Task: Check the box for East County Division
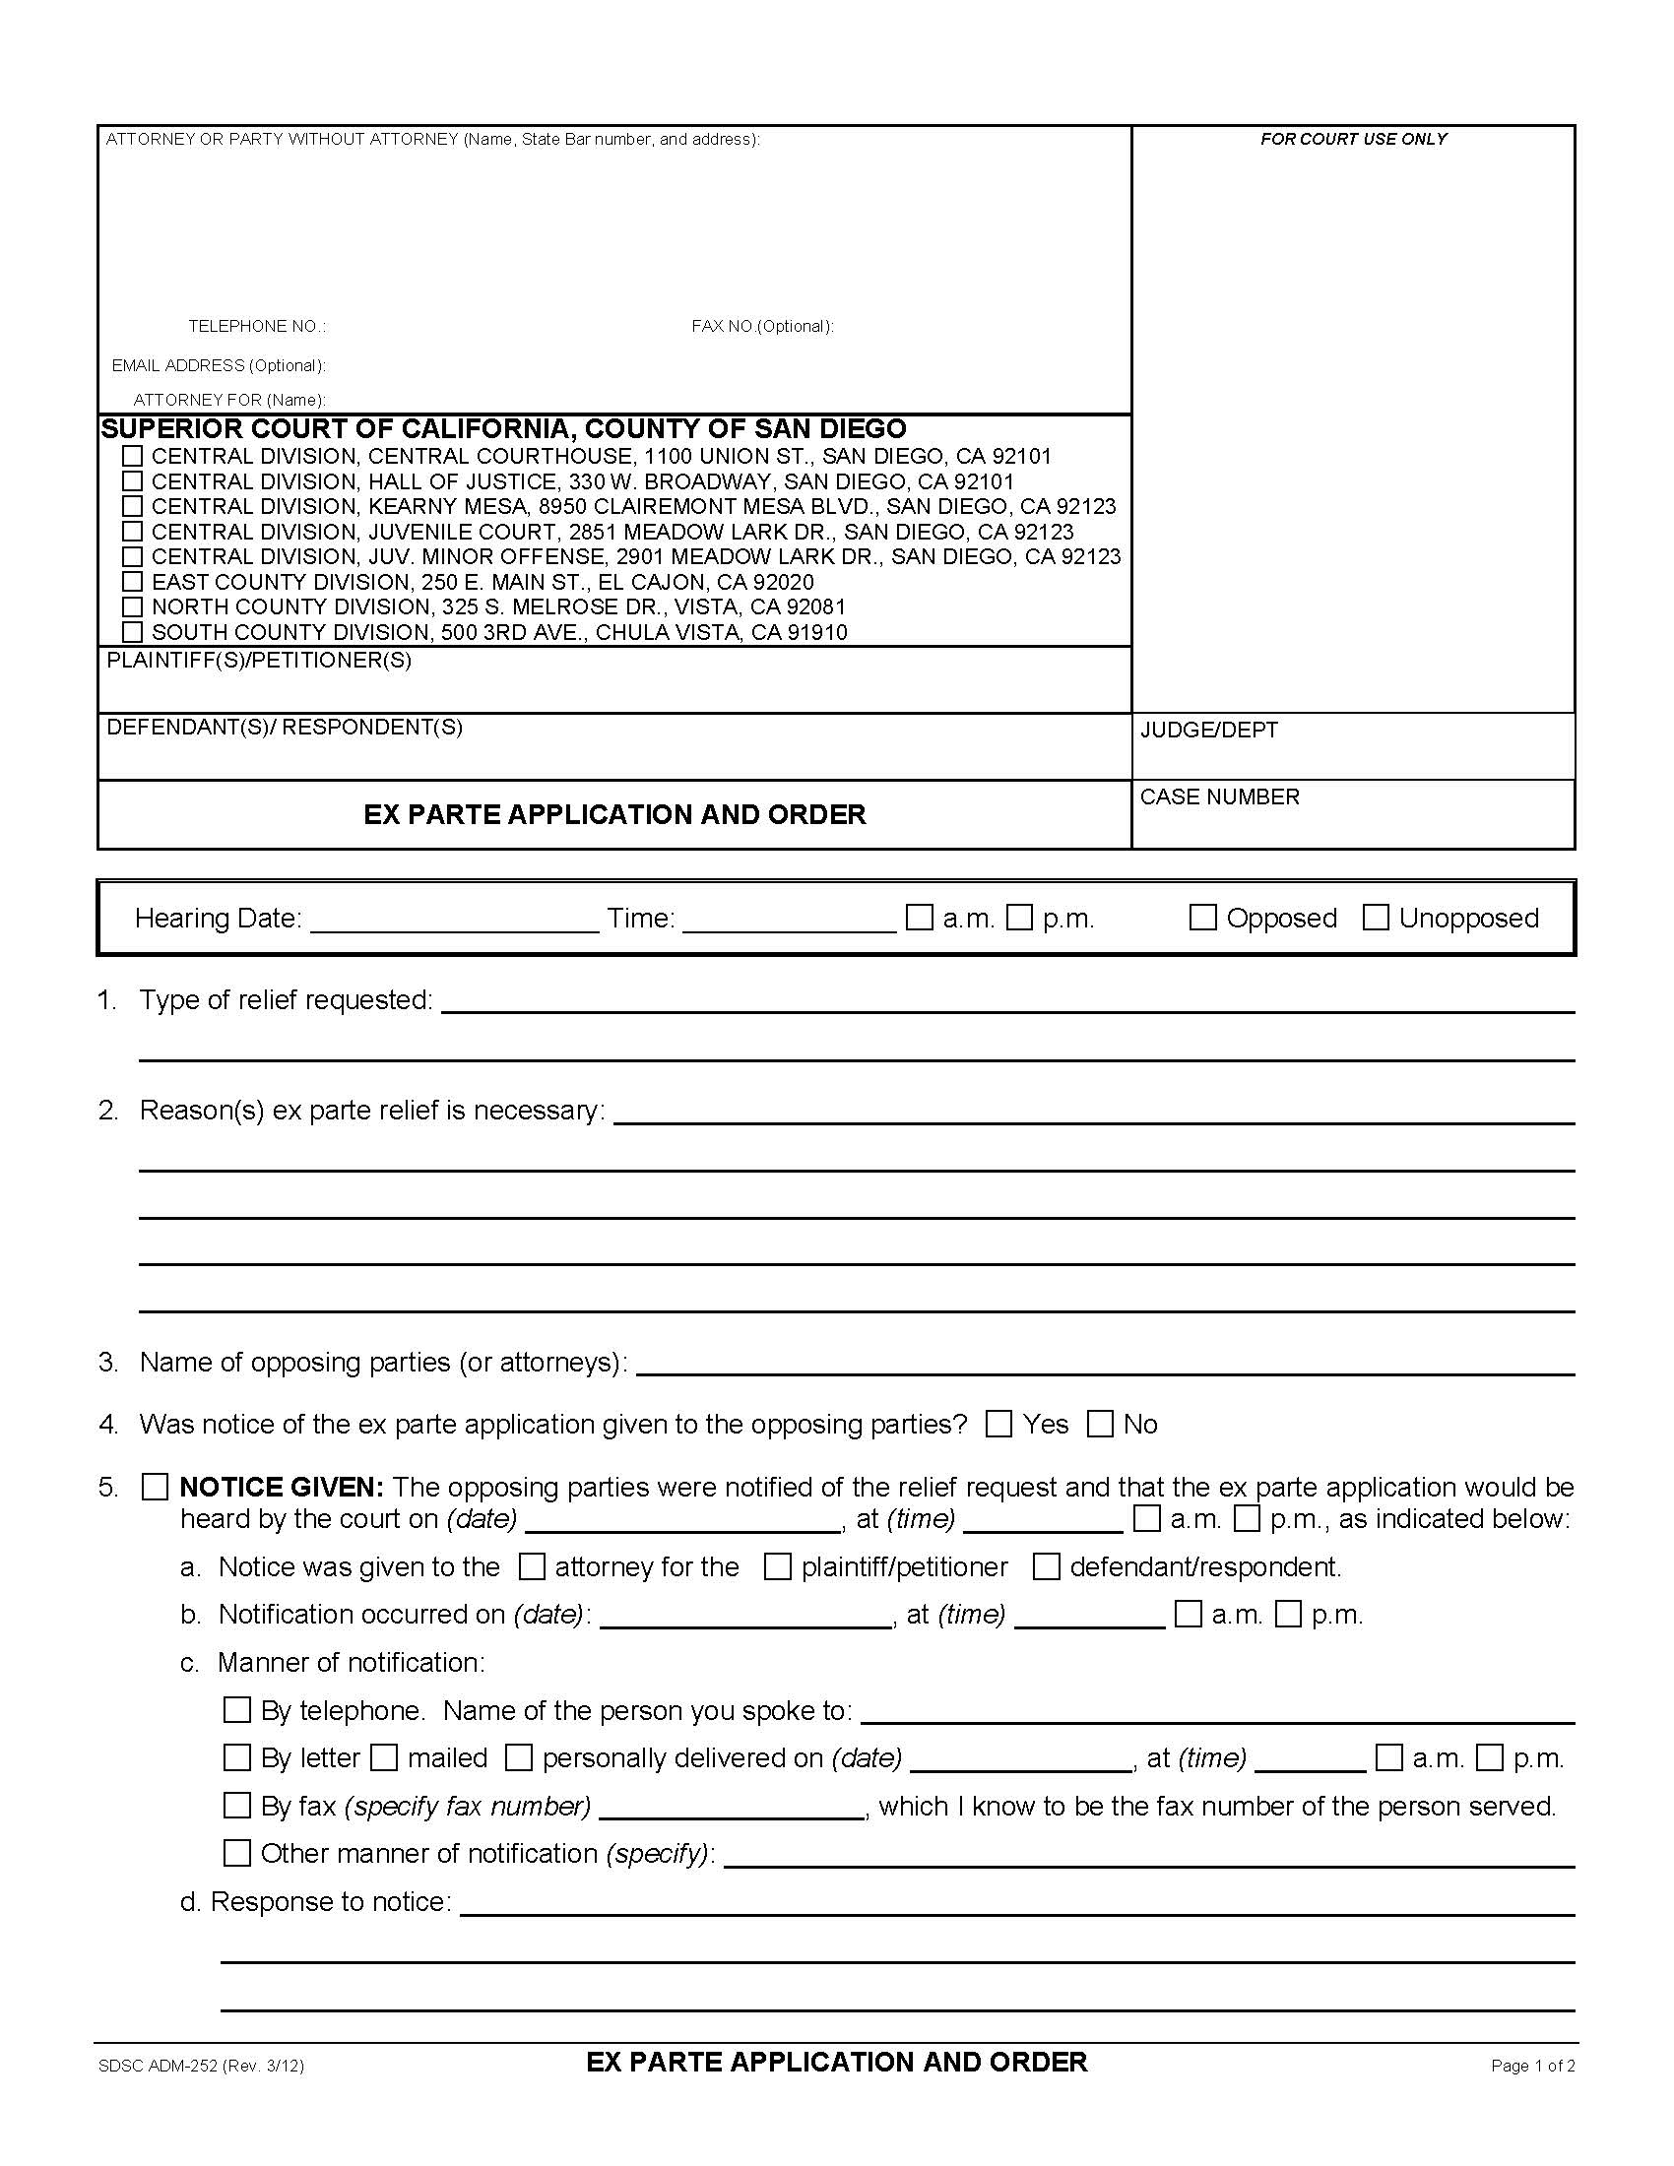(132, 581)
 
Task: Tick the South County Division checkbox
(132, 632)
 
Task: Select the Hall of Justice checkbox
(132, 481)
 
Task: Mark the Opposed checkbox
(1202, 918)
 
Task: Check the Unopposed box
(1376, 918)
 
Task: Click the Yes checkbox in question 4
(998, 1425)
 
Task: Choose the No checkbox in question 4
(1100, 1425)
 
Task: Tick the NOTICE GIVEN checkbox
(155, 1487)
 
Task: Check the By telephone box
(237, 1710)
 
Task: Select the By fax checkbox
(237, 1805)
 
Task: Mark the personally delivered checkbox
(519, 1757)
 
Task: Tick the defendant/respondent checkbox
(1046, 1567)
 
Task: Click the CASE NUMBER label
(1219, 796)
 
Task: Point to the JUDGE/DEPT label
(1209, 730)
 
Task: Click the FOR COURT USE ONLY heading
(1353, 139)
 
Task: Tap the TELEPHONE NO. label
(257, 326)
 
